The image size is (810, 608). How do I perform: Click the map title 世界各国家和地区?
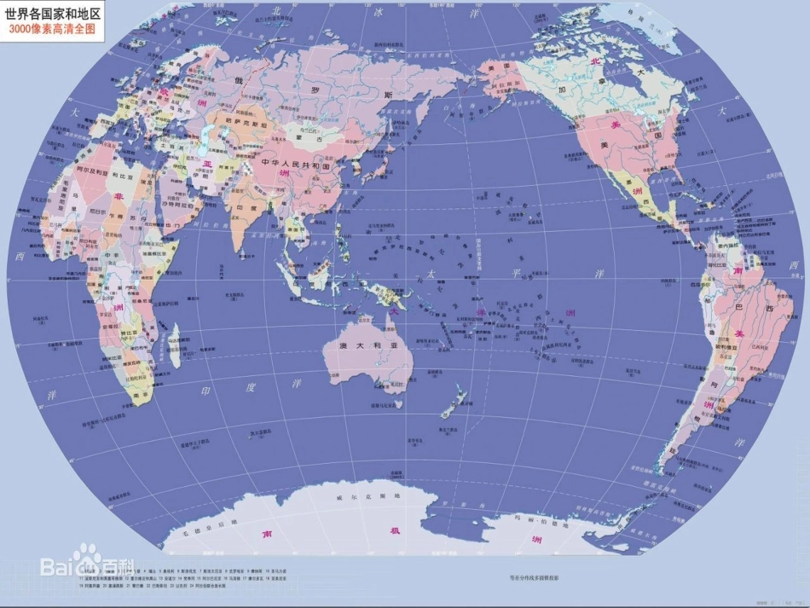53,13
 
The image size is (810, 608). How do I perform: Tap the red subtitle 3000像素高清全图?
52,29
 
